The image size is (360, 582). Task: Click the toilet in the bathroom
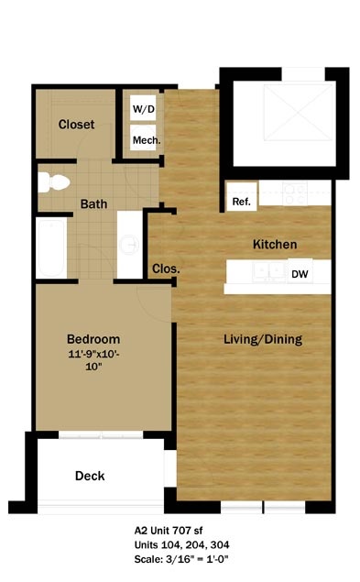point(54,182)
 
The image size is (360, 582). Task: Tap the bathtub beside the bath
point(51,247)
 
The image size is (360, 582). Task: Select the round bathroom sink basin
point(129,244)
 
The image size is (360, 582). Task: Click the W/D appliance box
point(143,108)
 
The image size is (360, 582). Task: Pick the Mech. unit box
point(143,137)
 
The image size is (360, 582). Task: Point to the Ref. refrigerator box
point(242,197)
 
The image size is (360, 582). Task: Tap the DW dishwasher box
point(300,273)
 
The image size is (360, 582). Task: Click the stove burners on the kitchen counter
point(295,193)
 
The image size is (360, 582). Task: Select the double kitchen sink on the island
point(269,271)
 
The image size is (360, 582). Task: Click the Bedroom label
point(93,339)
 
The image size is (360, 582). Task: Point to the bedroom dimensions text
point(93,360)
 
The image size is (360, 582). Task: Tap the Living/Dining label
point(263,339)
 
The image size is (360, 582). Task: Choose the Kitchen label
point(275,244)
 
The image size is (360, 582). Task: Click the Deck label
point(90,476)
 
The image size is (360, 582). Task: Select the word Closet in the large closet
point(76,125)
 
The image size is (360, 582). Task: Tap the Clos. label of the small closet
point(166,269)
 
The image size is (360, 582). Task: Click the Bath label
point(94,203)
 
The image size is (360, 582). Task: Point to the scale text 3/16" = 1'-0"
point(196,559)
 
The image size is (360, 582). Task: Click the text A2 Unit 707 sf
point(169,531)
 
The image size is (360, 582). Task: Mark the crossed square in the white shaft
point(299,113)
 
